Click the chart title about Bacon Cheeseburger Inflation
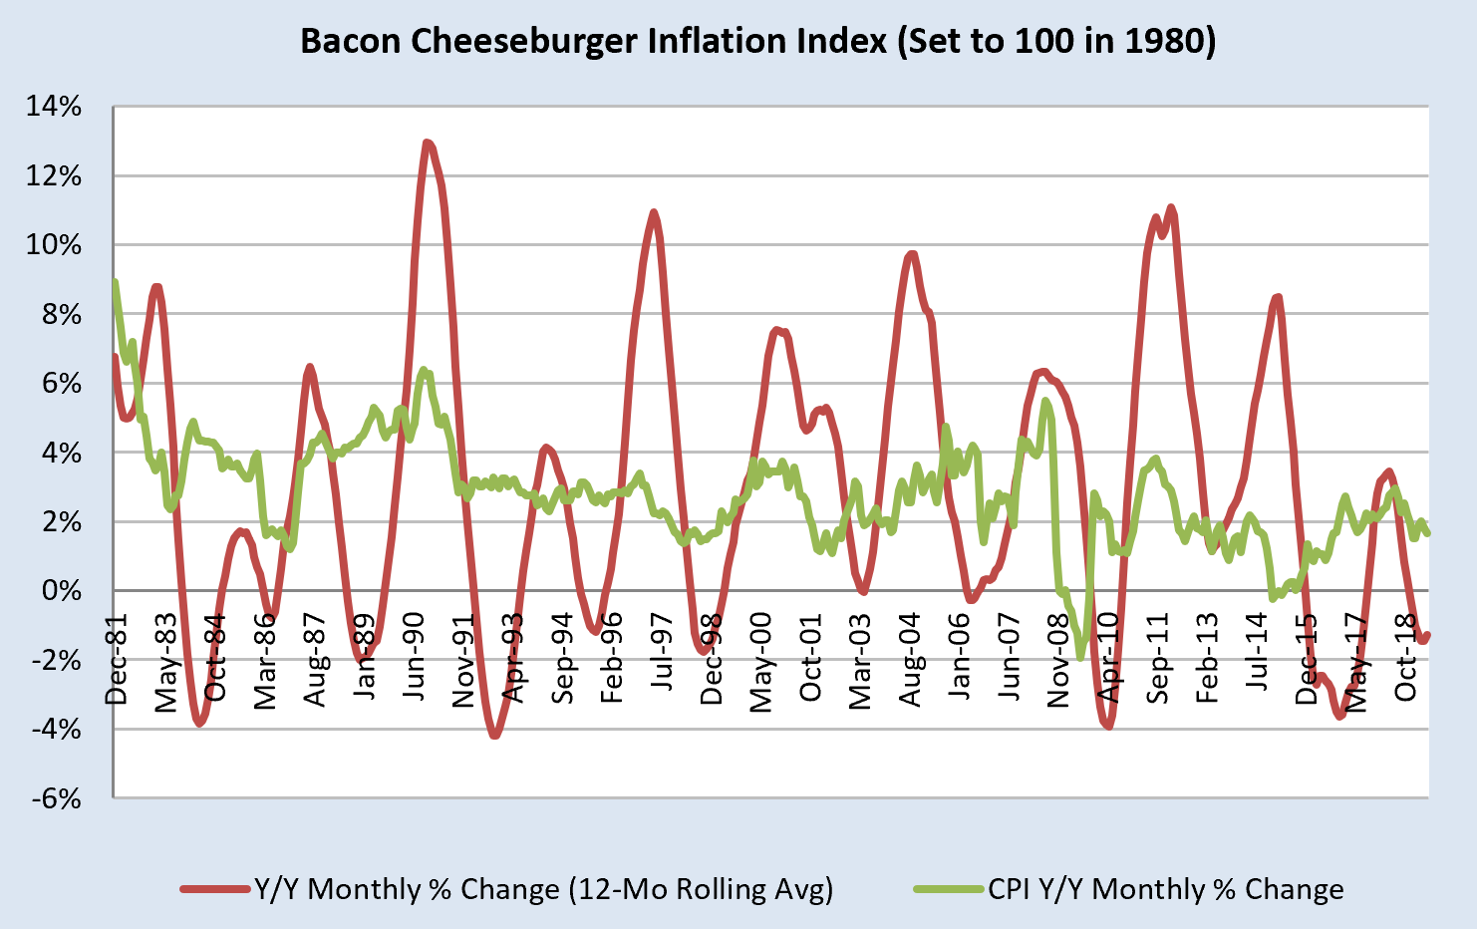click(x=757, y=41)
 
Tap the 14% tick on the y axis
click(x=55, y=107)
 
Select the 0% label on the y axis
click(x=62, y=591)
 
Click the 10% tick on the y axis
click(x=55, y=245)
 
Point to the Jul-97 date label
click(x=663, y=659)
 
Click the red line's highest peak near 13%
click(x=427, y=143)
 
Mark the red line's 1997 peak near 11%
click(x=654, y=212)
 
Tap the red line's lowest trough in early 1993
click(x=494, y=736)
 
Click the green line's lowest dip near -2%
click(x=1079, y=658)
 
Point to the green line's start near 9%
click(x=116, y=282)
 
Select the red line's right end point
click(x=1427, y=635)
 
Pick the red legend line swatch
click(x=215, y=888)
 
